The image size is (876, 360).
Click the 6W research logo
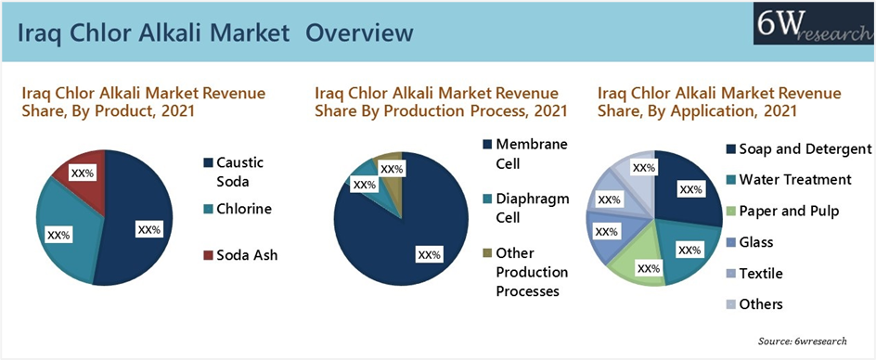pos(814,24)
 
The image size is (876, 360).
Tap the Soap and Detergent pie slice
pos(688,187)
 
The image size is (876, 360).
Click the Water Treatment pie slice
pos(690,251)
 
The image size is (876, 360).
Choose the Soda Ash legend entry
pos(240,255)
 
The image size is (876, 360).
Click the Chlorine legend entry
pos(238,209)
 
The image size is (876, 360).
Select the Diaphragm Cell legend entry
pos(526,208)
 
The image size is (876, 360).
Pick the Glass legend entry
pos(750,242)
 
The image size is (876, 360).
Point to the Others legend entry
pos(754,304)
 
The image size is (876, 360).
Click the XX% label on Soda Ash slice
pos(83,174)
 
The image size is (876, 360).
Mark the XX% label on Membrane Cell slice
pos(429,254)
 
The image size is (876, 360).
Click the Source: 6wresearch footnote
pos(802,341)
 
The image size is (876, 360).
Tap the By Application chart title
pos(719,102)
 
